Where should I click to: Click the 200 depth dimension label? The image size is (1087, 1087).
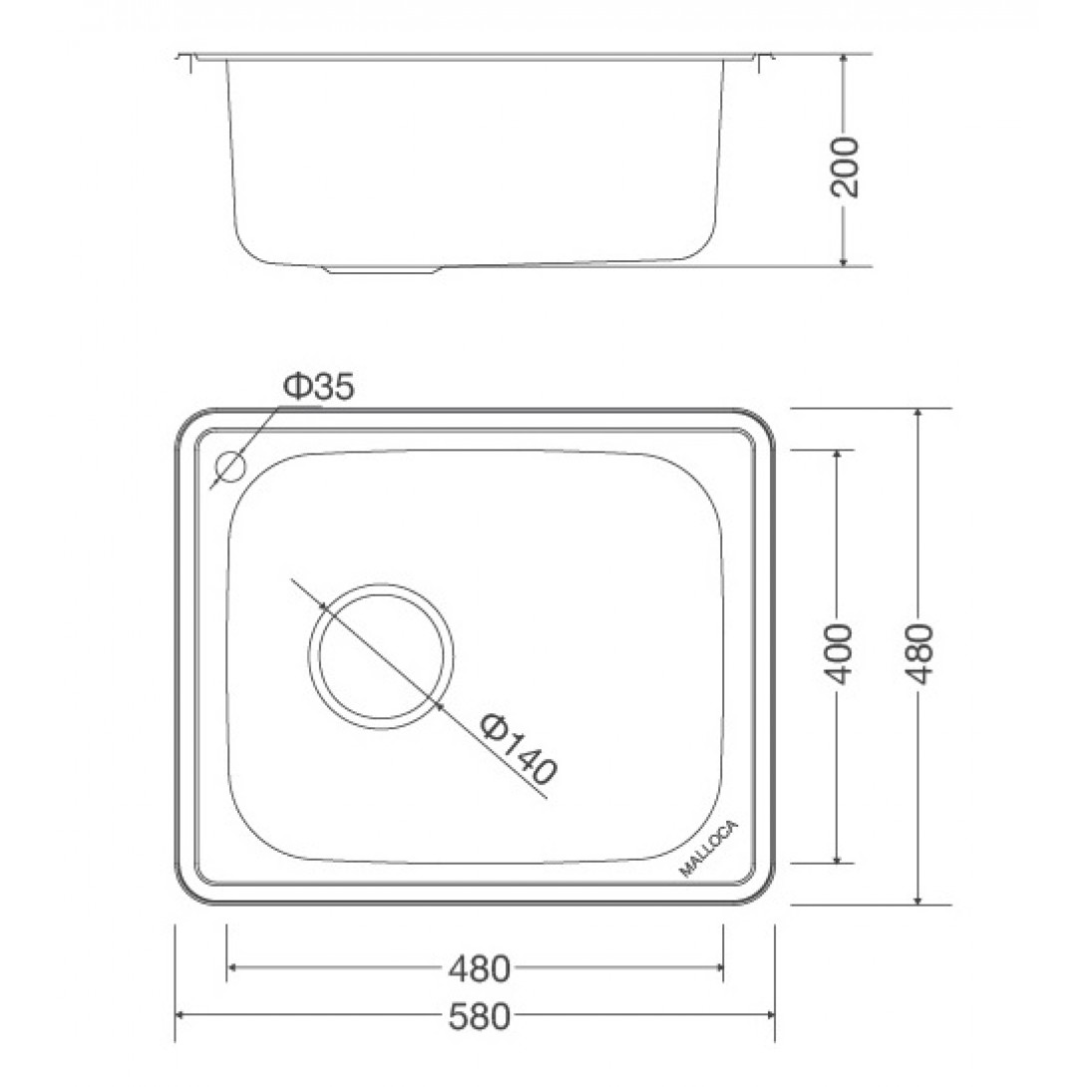(x=844, y=168)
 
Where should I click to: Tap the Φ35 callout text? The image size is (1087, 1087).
(x=319, y=387)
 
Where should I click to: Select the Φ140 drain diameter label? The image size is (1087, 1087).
(x=519, y=749)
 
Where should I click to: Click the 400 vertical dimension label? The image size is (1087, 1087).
(x=840, y=654)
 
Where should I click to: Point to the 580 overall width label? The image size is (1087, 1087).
(x=480, y=1017)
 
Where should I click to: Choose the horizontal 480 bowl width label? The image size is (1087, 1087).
(x=480, y=968)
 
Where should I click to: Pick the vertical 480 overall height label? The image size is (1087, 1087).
(x=919, y=654)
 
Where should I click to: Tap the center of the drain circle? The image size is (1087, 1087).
(x=381, y=656)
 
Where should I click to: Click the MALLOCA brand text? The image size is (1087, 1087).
(x=709, y=849)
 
